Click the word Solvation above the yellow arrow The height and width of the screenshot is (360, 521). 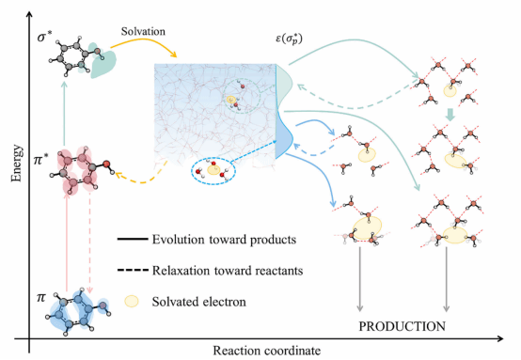(x=143, y=32)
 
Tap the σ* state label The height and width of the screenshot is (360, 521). (x=45, y=38)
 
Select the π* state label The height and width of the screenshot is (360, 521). (x=41, y=161)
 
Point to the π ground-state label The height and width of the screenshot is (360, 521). (x=40, y=297)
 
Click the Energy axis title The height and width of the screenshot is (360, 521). (x=17, y=164)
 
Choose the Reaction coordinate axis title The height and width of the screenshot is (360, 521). (x=267, y=351)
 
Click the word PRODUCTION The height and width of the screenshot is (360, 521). (x=403, y=326)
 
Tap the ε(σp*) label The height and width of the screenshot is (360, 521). (x=289, y=39)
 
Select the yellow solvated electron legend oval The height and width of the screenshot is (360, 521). (x=132, y=301)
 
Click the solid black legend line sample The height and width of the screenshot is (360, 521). (x=133, y=239)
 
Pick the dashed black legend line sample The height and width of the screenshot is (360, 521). (x=133, y=270)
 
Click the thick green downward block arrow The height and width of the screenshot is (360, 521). (x=450, y=115)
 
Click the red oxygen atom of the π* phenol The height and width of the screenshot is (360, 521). (x=106, y=164)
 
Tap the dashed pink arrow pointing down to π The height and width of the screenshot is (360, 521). (x=89, y=242)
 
